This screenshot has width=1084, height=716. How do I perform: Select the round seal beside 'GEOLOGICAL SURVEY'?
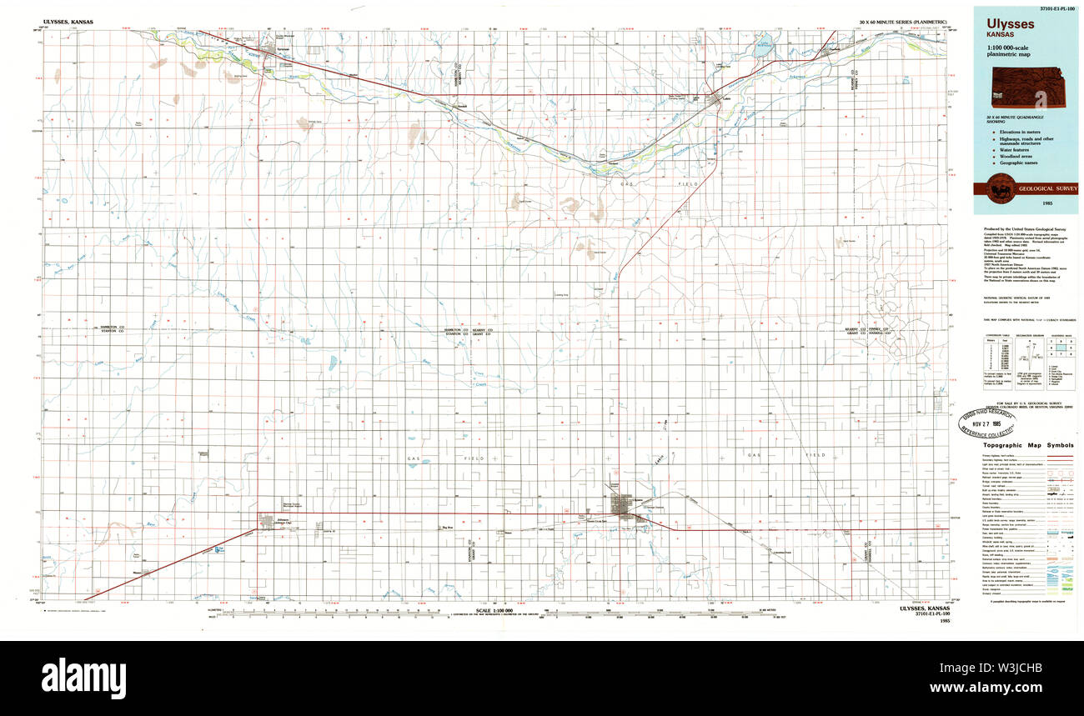coord(1001,189)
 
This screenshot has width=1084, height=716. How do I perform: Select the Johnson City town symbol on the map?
coord(267,522)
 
